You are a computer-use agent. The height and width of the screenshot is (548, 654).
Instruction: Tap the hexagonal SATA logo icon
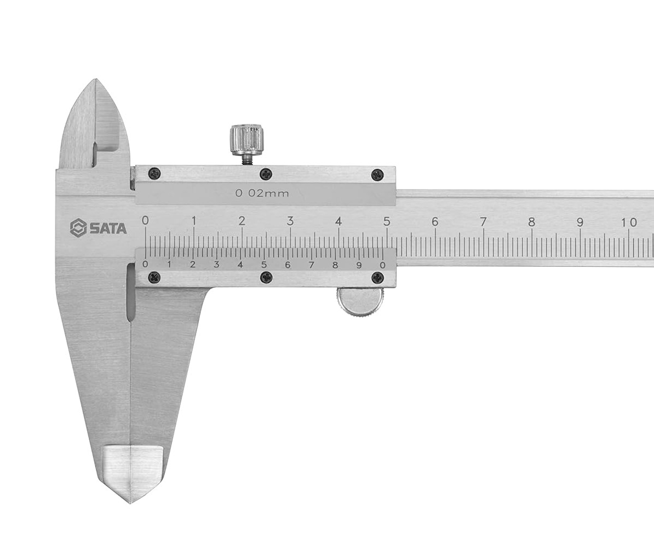pyautogui.click(x=78, y=228)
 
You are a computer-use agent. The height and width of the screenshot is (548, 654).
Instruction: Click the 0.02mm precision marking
pyautogui.click(x=262, y=193)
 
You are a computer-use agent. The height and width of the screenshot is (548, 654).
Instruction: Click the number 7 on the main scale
pyautogui.click(x=483, y=221)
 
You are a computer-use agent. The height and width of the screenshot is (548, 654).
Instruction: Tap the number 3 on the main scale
pyautogui.click(x=290, y=221)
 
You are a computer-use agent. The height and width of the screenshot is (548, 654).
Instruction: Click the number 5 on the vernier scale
pyautogui.click(x=263, y=265)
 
